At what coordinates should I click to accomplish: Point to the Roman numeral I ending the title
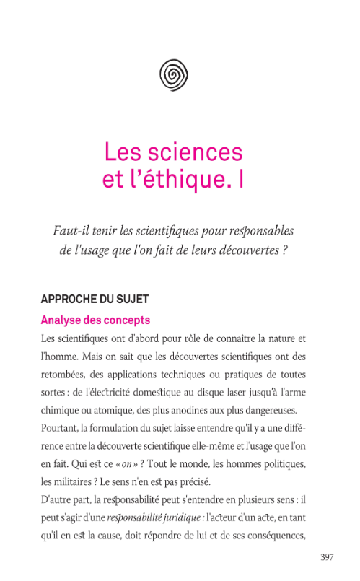239,179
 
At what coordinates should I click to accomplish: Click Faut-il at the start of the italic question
69,231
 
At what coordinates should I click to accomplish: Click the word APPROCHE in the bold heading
71,299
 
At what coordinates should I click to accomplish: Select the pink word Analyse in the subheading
62,320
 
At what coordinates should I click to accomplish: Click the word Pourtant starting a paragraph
60,427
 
